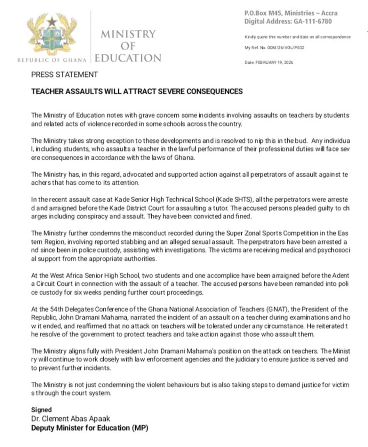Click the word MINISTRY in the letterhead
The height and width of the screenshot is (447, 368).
point(128,34)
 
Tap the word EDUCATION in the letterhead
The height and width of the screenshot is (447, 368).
point(128,58)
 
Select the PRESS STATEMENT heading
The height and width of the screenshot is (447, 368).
point(64,75)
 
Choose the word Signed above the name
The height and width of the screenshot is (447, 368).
point(41,410)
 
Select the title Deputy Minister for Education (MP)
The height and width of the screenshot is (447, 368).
point(90,428)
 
